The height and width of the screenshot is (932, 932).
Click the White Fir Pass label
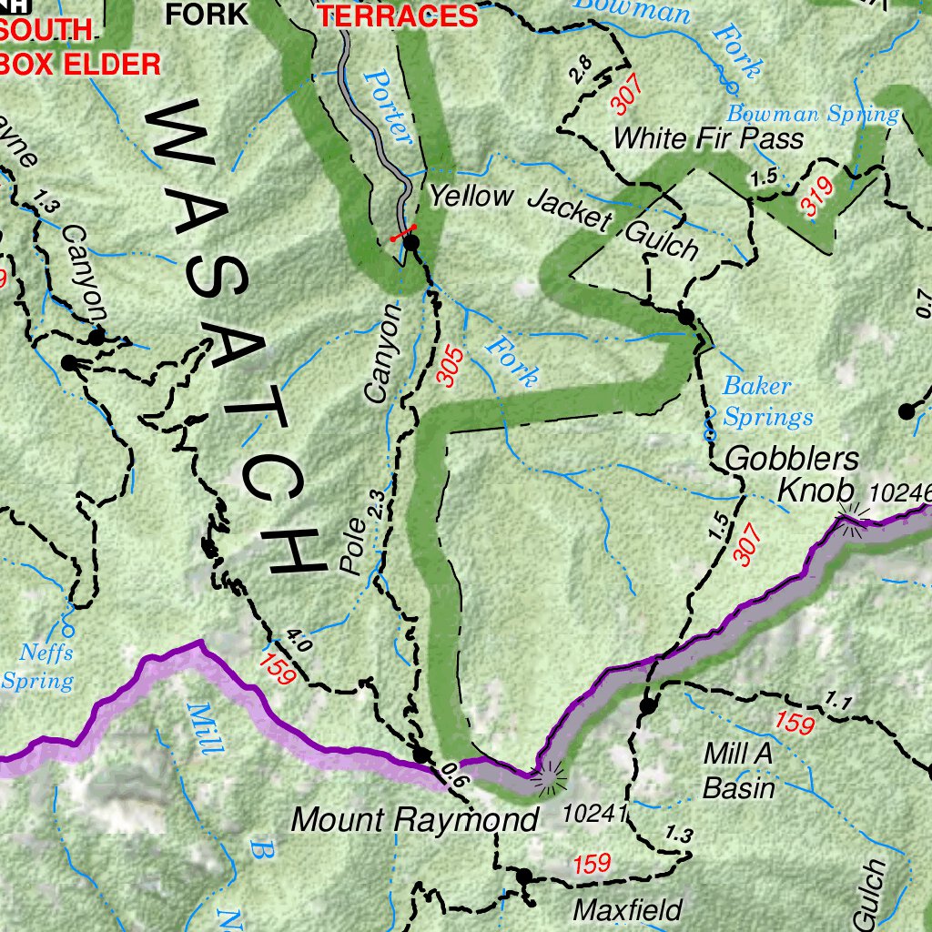coord(708,138)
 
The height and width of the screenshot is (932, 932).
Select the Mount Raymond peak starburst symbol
coord(549,777)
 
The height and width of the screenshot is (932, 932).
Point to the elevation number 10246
coord(901,492)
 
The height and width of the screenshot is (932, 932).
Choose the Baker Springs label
coord(767,401)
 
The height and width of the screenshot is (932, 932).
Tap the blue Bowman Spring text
coord(812,115)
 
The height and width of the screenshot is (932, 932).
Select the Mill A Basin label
coord(738,770)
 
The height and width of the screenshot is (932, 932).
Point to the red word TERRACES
coord(399,15)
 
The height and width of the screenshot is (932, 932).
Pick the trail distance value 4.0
coord(299,640)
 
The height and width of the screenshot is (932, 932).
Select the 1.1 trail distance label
coord(838,700)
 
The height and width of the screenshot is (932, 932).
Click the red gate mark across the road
coord(403,235)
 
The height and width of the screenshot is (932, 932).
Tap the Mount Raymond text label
coord(414,819)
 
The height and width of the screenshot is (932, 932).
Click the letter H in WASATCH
coord(296,551)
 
